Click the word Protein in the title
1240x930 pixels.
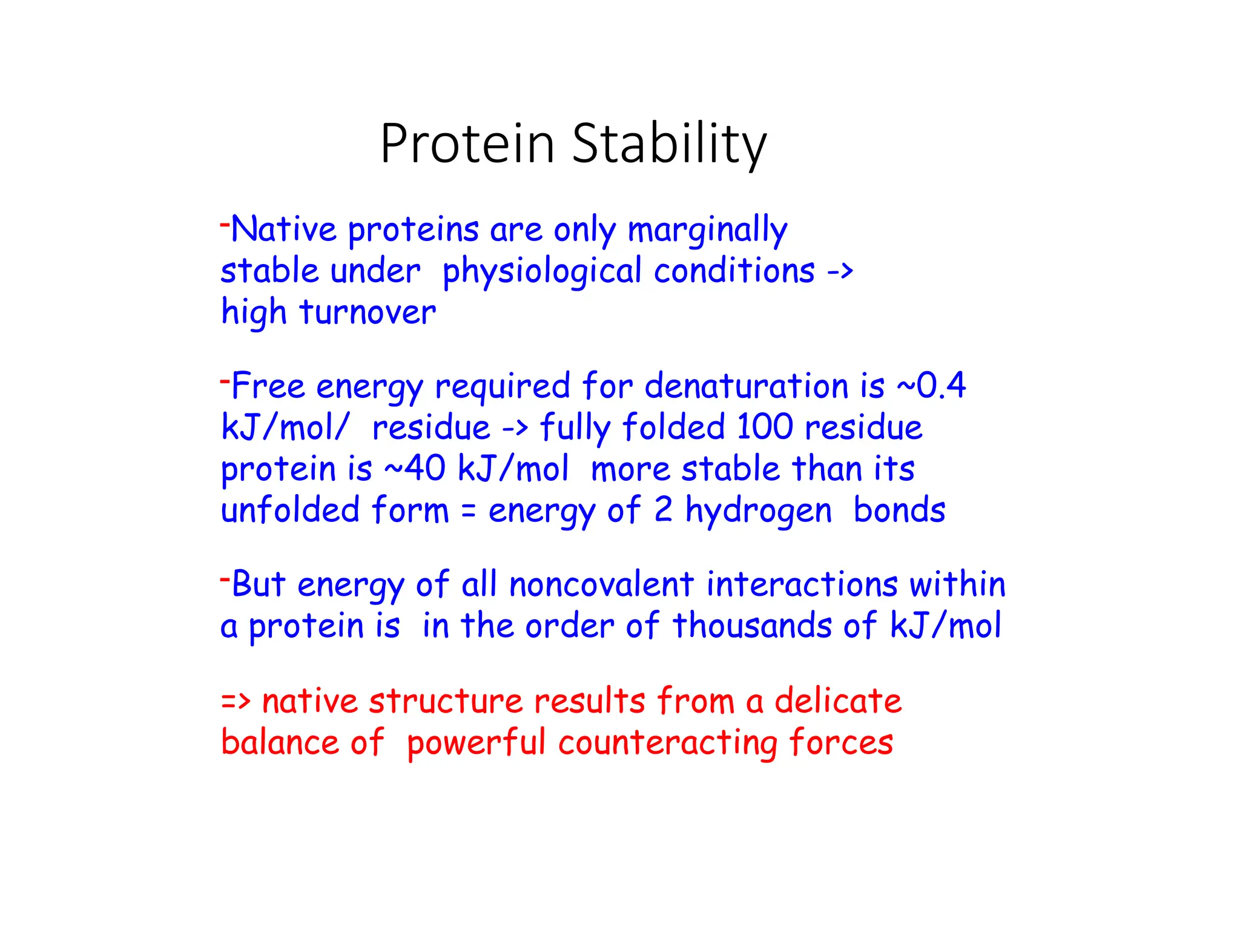click(x=467, y=144)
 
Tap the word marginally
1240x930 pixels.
click(x=707, y=231)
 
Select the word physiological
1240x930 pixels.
click(x=542, y=272)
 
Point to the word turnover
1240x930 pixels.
click(x=367, y=313)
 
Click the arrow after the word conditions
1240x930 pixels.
click(x=840, y=272)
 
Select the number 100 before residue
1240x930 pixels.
click(x=765, y=427)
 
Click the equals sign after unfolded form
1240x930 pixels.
click(x=468, y=510)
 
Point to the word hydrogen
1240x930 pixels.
click(x=759, y=510)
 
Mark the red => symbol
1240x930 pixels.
click(x=236, y=702)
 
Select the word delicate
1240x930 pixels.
click(x=838, y=702)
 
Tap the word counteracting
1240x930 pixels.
click(x=667, y=743)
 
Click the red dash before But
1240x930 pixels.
click(x=225, y=579)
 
